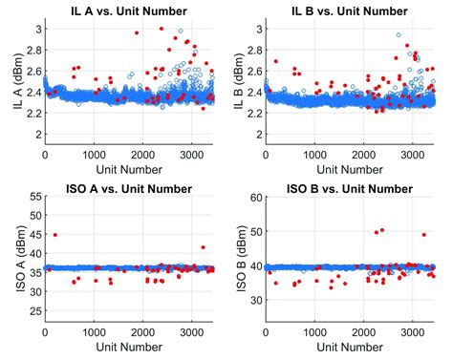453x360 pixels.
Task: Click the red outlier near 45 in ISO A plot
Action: pos(54,235)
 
